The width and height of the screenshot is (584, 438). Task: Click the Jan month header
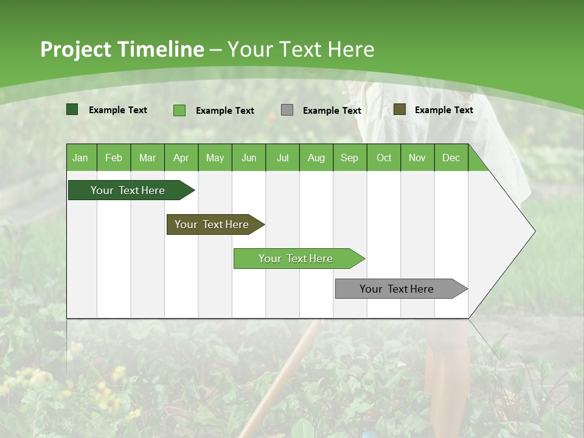tap(80, 158)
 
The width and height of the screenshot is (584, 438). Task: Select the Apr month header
tap(181, 158)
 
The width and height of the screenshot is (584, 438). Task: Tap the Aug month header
tap(316, 158)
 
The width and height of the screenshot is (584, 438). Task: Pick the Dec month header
tap(451, 158)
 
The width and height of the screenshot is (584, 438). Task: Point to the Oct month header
tap(384, 158)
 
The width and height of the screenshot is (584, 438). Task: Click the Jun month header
tap(248, 158)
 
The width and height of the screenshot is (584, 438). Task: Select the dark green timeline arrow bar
tap(128, 190)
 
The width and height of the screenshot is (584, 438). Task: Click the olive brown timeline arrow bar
tap(212, 224)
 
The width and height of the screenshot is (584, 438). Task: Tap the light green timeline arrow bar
tap(296, 259)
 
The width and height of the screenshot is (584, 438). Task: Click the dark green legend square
tap(72, 109)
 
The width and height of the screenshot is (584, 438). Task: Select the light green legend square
tap(179, 110)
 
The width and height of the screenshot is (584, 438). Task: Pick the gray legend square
tap(287, 110)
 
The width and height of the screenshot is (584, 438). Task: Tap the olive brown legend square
tap(400, 109)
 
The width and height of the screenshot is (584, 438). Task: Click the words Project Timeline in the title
tap(122, 49)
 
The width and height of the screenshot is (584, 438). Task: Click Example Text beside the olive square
tap(443, 109)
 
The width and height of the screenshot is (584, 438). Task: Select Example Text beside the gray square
tap(332, 110)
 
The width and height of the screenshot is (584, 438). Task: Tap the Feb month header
tap(114, 158)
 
